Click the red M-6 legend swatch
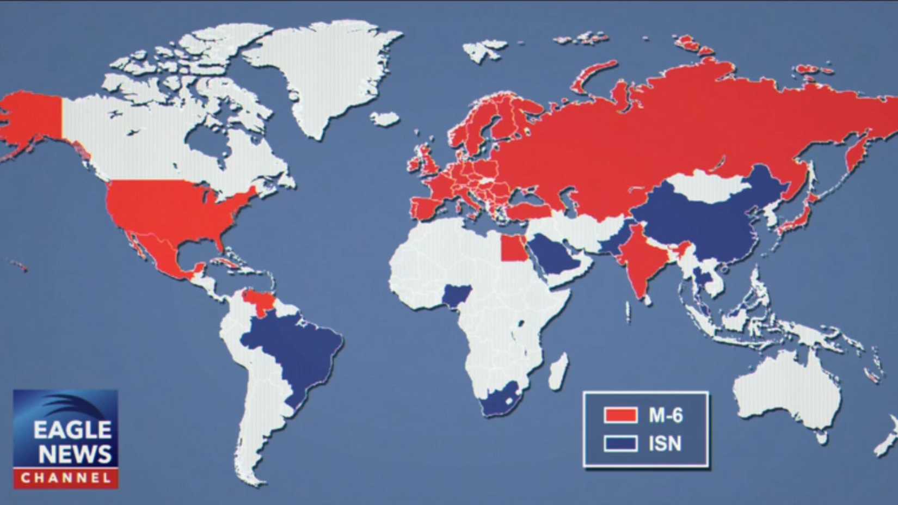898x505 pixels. tap(620, 415)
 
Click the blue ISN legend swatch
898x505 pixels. tap(620, 444)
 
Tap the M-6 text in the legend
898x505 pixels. tap(665, 416)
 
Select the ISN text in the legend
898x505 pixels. tap(665, 444)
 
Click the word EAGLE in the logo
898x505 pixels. tap(72, 430)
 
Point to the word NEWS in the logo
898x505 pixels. tap(75, 454)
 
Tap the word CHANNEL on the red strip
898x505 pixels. tap(65, 479)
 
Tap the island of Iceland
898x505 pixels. tap(385, 119)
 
